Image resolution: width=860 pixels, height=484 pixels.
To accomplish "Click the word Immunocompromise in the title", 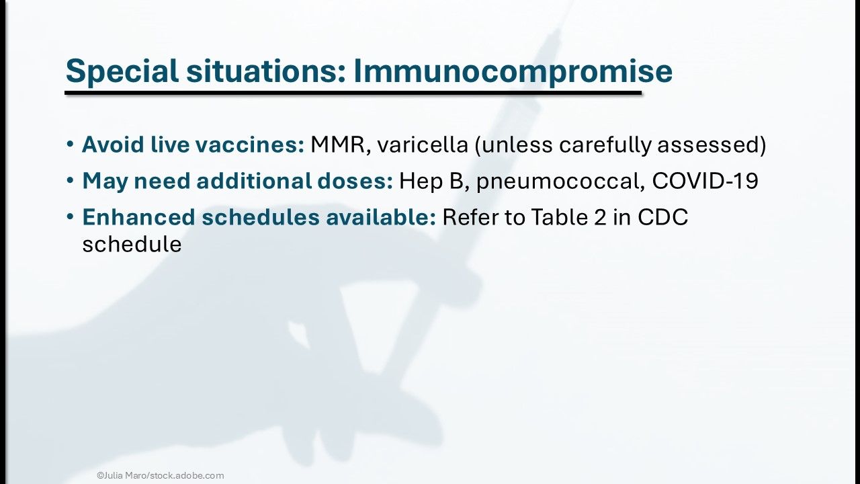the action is (513, 72).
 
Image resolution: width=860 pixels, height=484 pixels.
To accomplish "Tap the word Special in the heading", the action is (122, 72).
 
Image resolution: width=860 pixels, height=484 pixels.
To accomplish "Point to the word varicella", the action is (423, 145).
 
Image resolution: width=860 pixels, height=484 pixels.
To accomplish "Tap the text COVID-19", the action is (705, 181).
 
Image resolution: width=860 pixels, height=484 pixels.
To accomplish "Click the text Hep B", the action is (434, 181).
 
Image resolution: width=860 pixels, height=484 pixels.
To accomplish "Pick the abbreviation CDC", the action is (662, 217).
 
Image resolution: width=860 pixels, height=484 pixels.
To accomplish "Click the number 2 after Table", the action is (599, 217).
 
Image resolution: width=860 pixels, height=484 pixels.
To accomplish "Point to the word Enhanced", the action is (139, 217).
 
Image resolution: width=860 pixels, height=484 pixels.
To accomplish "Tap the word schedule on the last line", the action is (132, 244).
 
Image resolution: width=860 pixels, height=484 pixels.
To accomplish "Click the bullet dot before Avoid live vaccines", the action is (70, 145).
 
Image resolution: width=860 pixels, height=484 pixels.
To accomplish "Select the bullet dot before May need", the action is (70, 181).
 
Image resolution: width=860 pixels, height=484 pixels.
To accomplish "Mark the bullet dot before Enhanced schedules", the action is (70, 217).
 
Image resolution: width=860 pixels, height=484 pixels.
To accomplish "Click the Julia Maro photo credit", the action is (161, 475).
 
